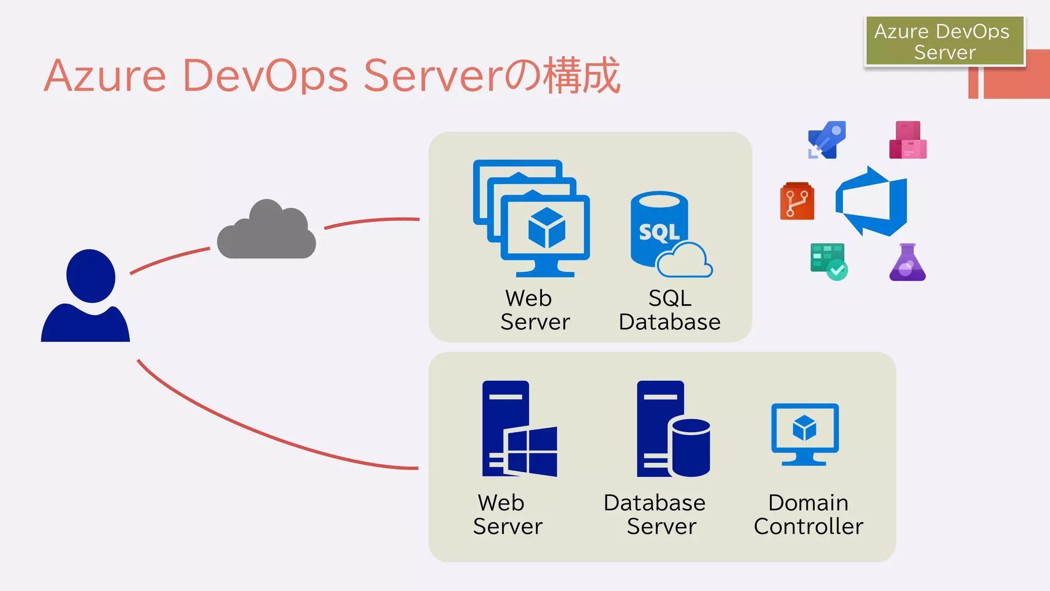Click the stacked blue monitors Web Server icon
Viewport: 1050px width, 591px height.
pyautogui.click(x=531, y=218)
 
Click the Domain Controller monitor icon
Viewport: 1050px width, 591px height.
pyautogui.click(x=805, y=434)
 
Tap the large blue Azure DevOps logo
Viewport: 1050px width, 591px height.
pyautogui.click(x=872, y=201)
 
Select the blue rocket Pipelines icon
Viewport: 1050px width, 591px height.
pyautogui.click(x=826, y=140)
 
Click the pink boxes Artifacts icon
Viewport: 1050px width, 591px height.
pyautogui.click(x=908, y=140)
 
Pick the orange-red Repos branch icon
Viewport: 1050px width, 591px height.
pyautogui.click(x=797, y=201)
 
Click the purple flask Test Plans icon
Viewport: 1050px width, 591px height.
pyautogui.click(x=907, y=262)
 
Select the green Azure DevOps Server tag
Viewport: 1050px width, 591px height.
pyautogui.click(x=944, y=41)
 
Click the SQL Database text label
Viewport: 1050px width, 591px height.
pyautogui.click(x=670, y=310)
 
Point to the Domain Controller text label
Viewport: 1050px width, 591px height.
pyautogui.click(x=809, y=515)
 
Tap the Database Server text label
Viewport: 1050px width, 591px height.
pyautogui.click(x=655, y=515)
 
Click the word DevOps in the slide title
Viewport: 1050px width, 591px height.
pyautogui.click(x=265, y=76)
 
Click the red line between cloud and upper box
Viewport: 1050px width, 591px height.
pyautogui.click(x=372, y=221)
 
